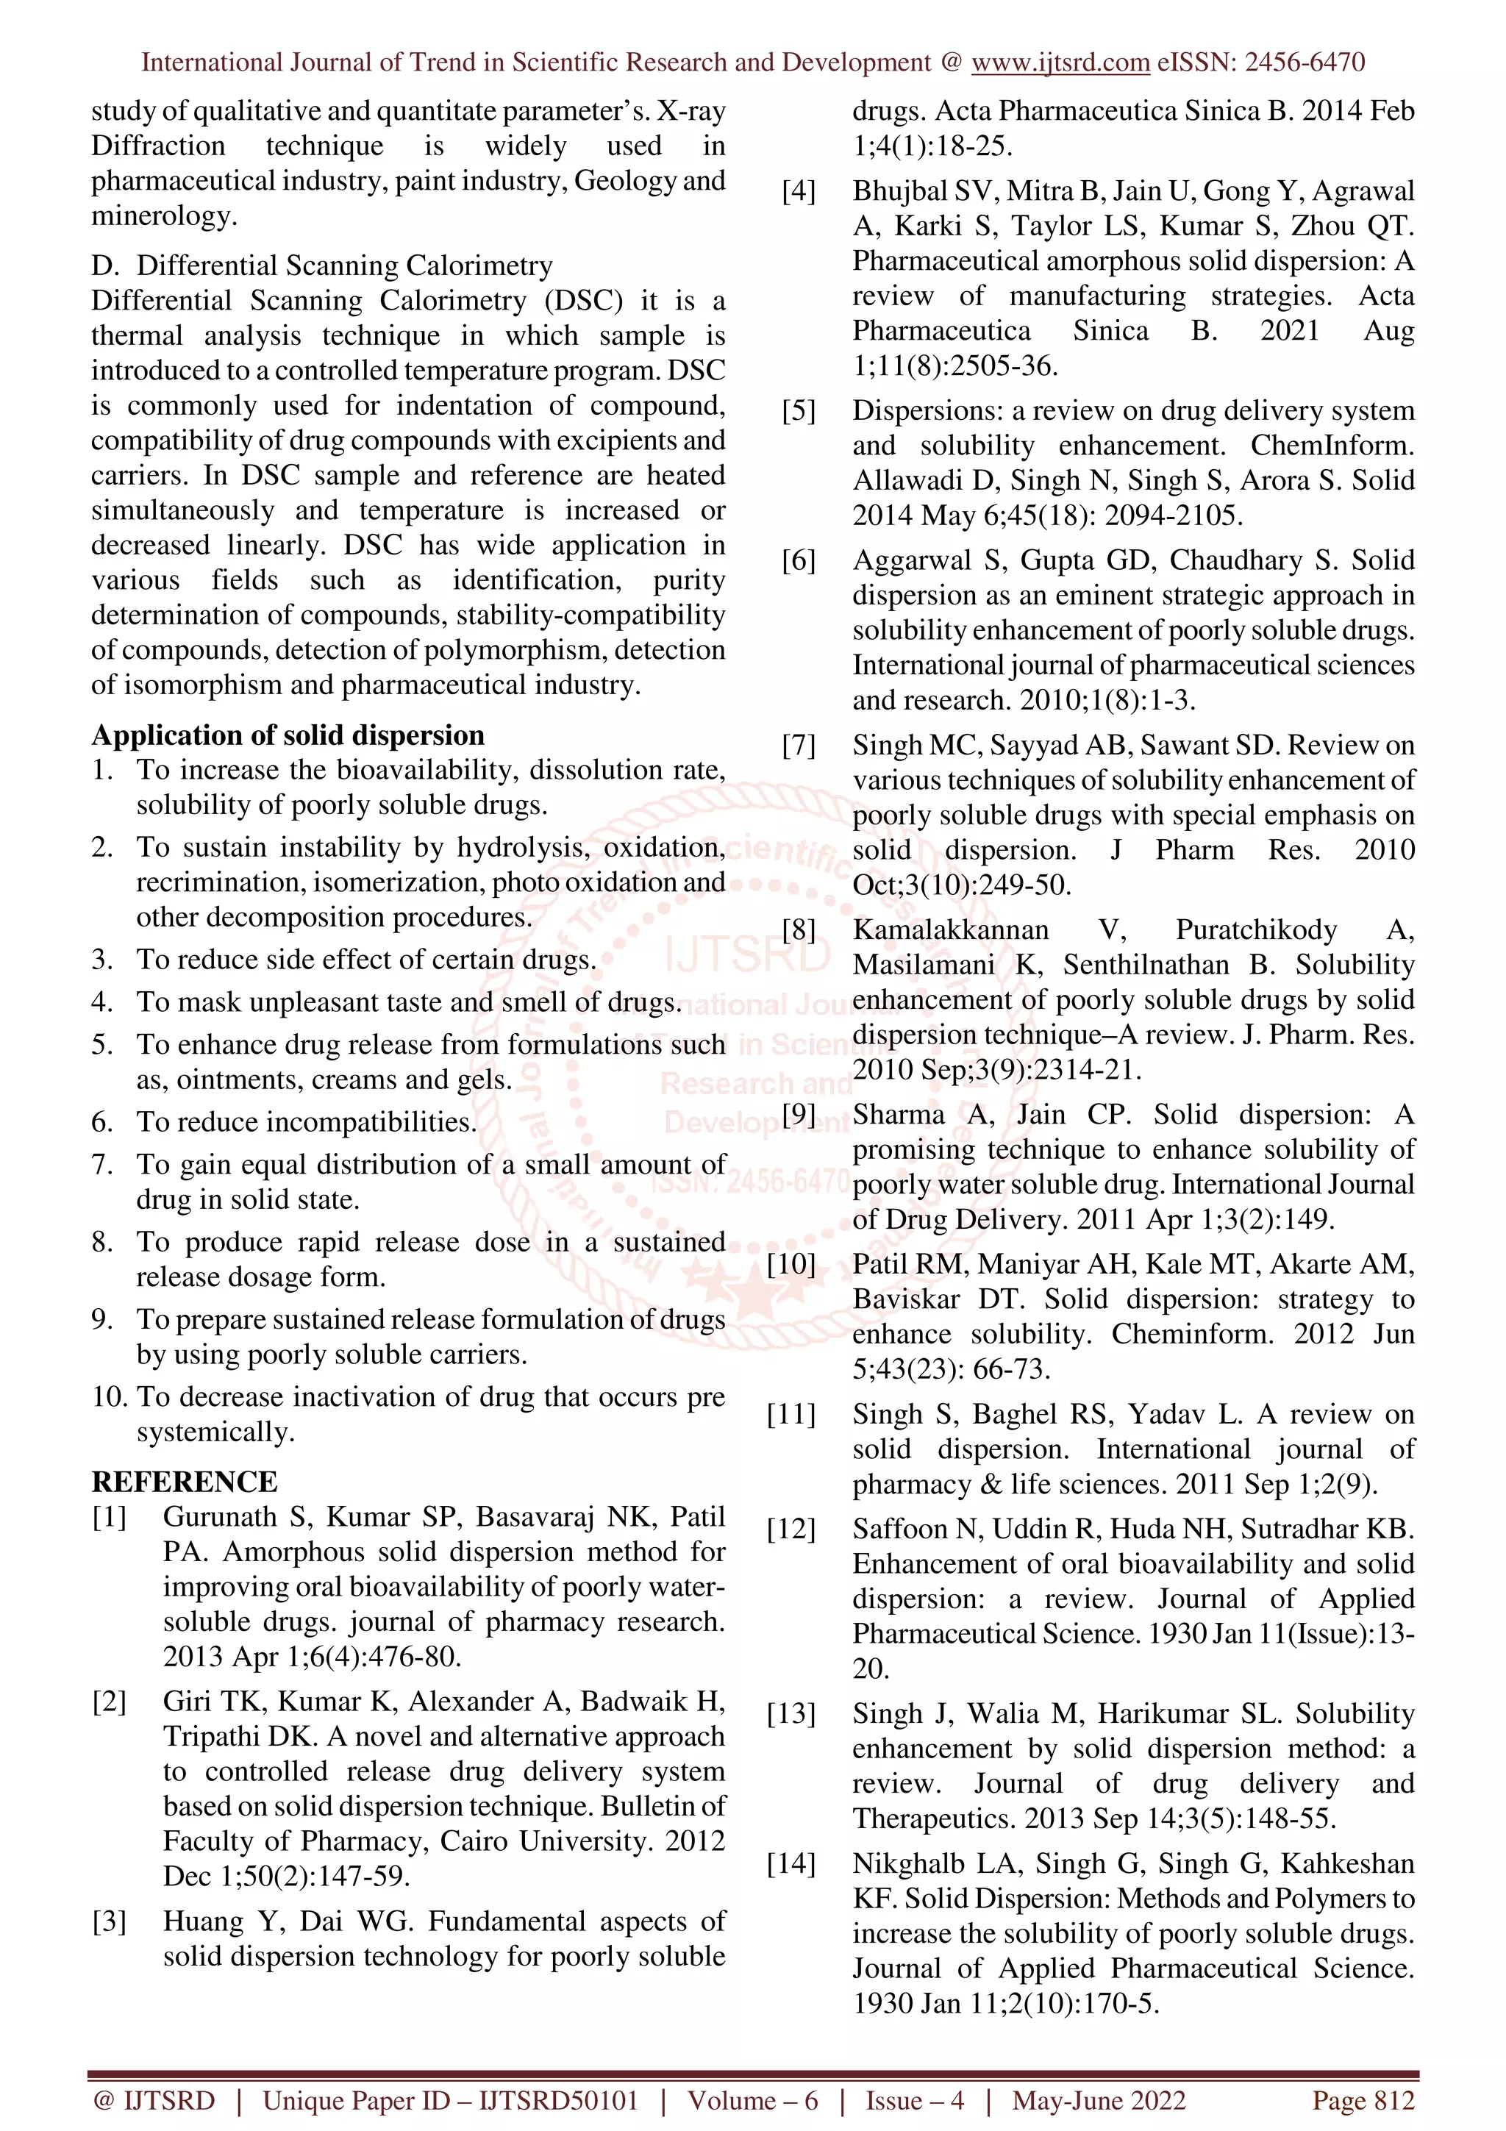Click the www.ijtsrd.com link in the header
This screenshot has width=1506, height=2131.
pyautogui.click(x=1060, y=63)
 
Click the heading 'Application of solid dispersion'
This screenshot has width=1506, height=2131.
pyautogui.click(x=288, y=735)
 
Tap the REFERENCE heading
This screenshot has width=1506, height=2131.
pyautogui.click(x=184, y=1481)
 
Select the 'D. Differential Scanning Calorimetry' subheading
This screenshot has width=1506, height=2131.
pyautogui.click(x=321, y=265)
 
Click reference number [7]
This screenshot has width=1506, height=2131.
pyautogui.click(x=798, y=746)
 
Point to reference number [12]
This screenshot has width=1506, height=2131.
pyautogui.click(x=791, y=1529)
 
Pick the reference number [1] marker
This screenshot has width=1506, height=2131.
pyautogui.click(x=109, y=1516)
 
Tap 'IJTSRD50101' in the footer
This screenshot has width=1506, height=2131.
pyautogui.click(x=559, y=2100)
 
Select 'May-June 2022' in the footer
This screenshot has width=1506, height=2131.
pyautogui.click(x=1099, y=2100)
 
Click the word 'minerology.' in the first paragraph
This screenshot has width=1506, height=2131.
pyautogui.click(x=164, y=216)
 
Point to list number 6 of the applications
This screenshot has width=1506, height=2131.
pyautogui.click(x=102, y=1122)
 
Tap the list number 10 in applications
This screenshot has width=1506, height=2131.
pyautogui.click(x=110, y=1397)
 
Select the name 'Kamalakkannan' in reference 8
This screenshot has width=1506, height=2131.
pyautogui.click(x=951, y=930)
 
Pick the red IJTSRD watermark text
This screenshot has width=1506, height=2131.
pyautogui.click(x=747, y=956)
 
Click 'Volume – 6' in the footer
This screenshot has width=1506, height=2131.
pyautogui.click(x=752, y=2100)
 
